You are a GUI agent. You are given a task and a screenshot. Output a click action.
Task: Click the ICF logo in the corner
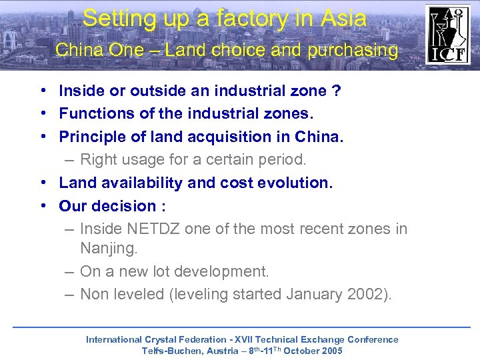pyautogui.click(x=448, y=35)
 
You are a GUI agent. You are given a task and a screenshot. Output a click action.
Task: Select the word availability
pyautogui.click(x=141, y=182)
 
